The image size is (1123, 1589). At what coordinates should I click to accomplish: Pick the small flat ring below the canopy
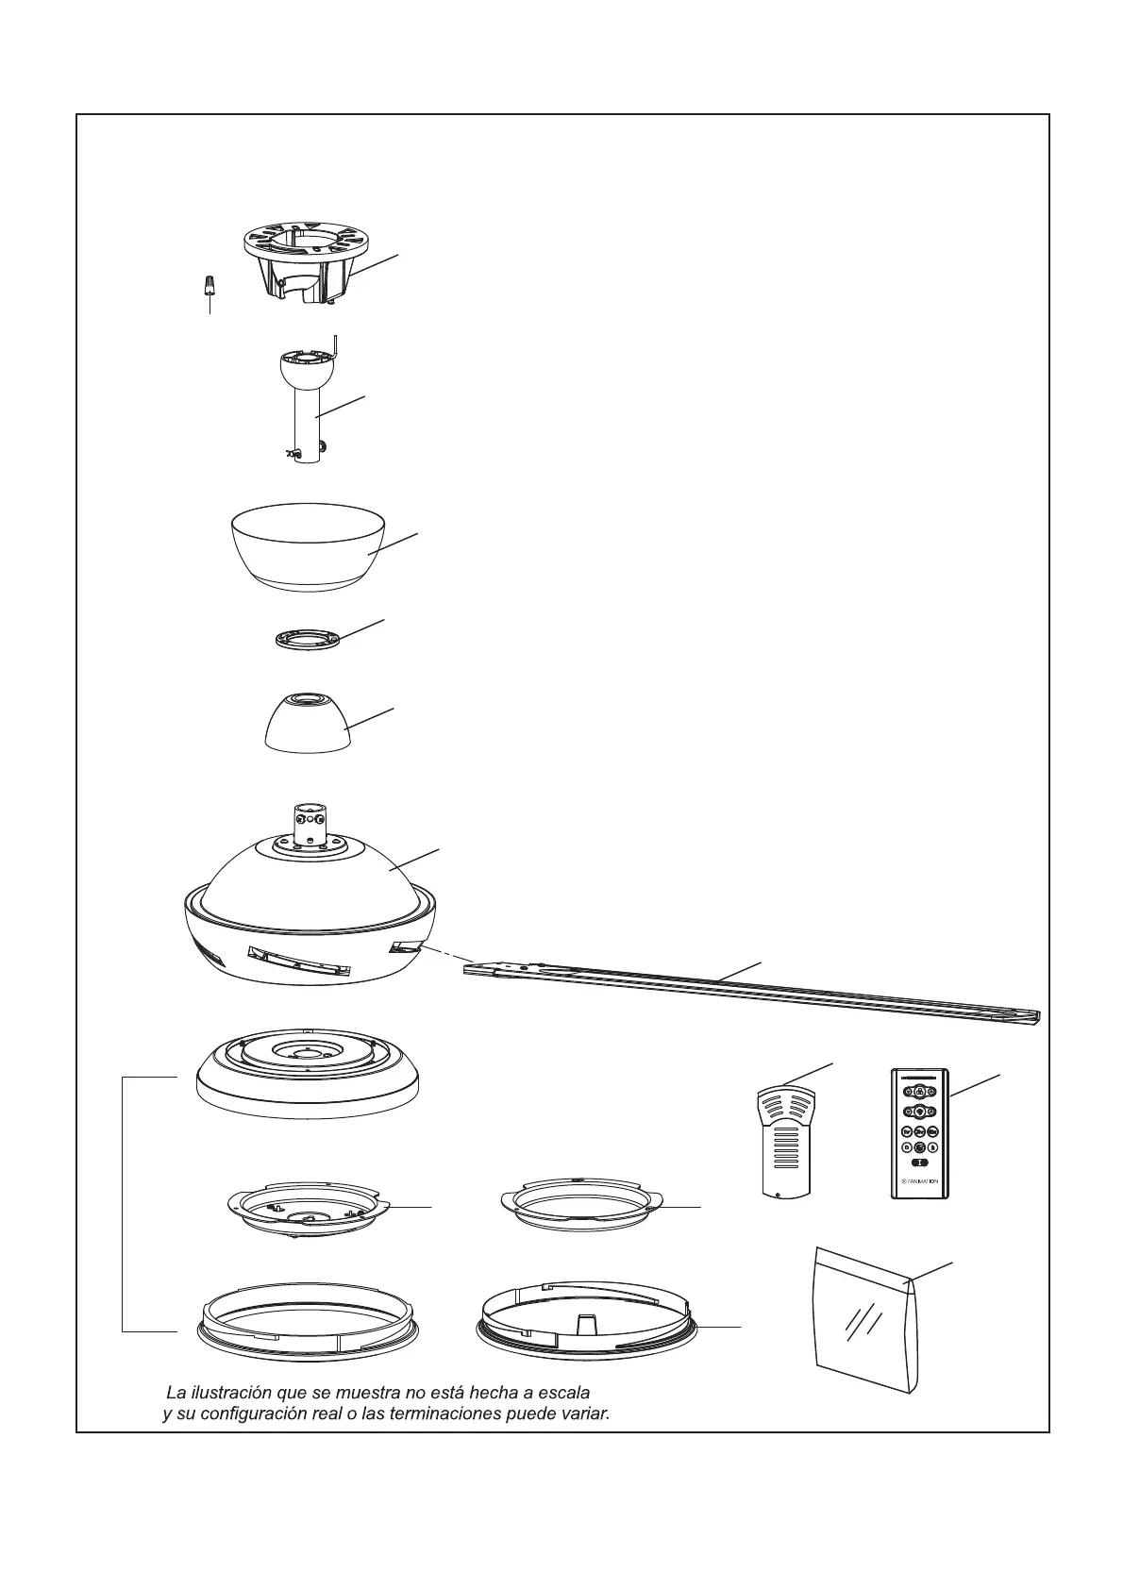(308, 639)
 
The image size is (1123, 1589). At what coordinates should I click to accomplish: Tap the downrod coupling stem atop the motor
(309, 822)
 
